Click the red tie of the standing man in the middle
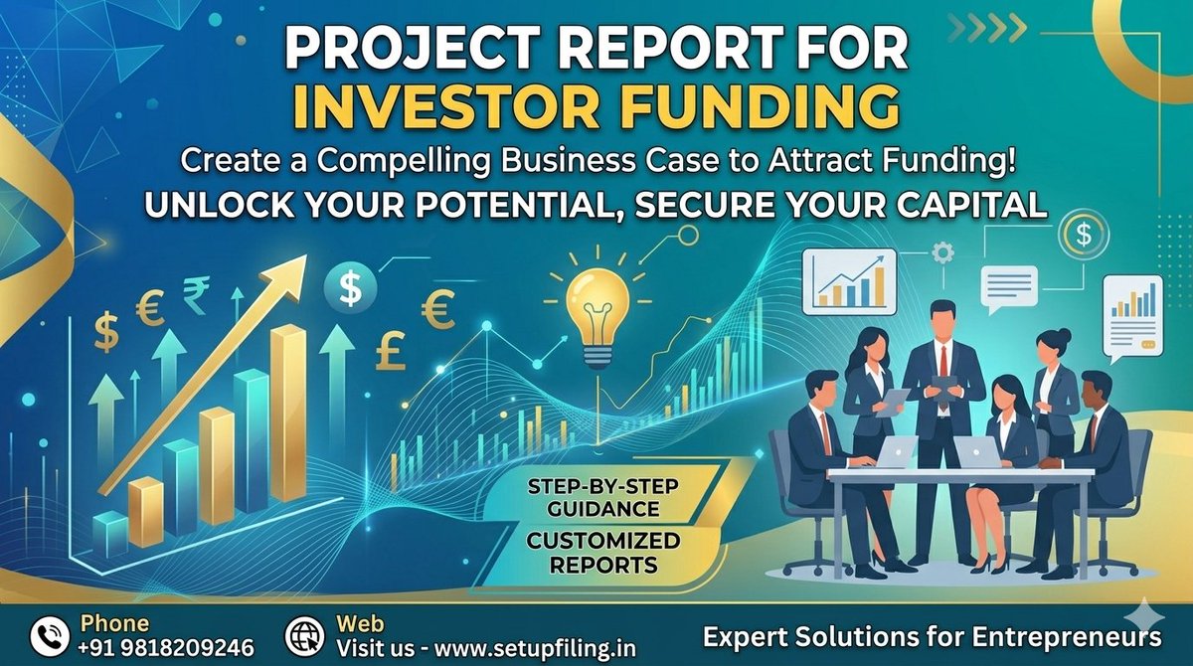point(942,363)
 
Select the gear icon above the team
point(943,252)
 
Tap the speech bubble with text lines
point(1008,286)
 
